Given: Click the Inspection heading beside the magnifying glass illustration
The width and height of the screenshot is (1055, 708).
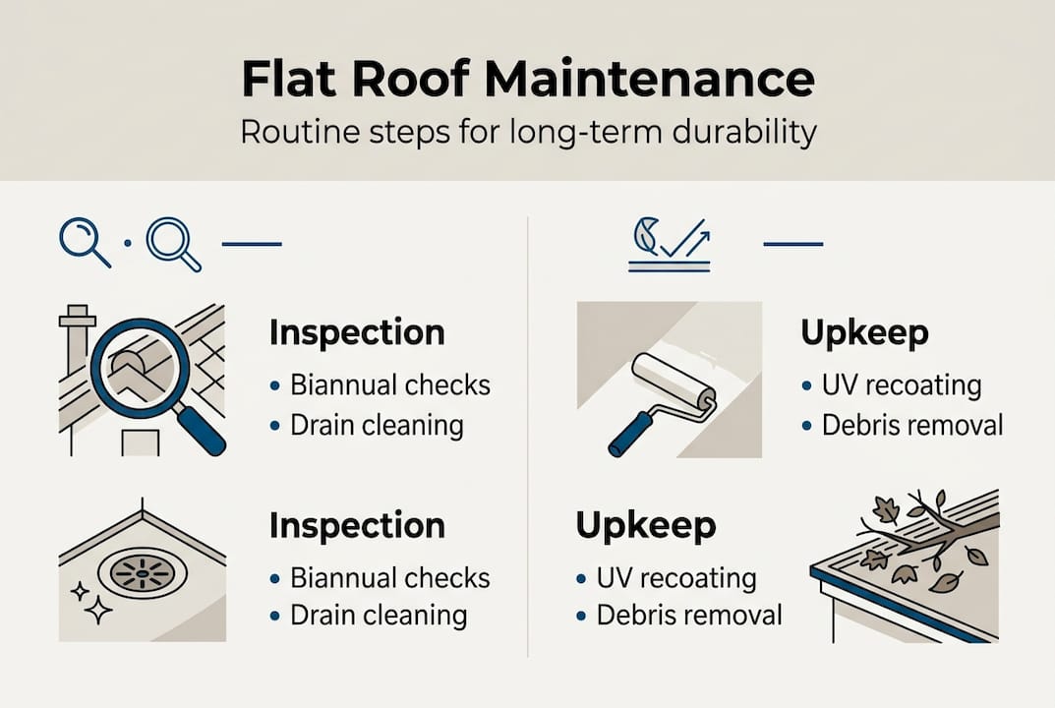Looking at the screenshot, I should pos(356,332).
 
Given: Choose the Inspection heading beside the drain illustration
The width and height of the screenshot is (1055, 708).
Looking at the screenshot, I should pos(356,526).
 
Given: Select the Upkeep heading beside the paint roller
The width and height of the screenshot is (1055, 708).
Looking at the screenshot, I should pos(864,332).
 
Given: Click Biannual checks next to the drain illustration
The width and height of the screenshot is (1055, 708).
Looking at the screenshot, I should pos(390,577).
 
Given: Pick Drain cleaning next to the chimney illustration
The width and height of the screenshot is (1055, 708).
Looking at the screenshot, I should pos(377,425).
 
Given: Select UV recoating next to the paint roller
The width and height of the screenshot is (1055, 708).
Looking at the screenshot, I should pos(902,384).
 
